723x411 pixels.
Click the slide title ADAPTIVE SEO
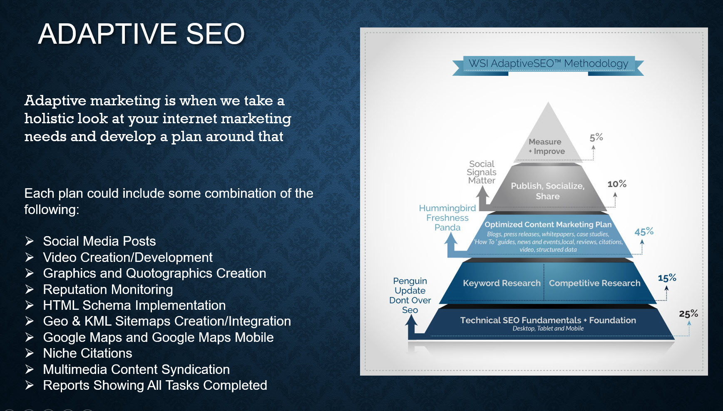pyautogui.click(x=142, y=34)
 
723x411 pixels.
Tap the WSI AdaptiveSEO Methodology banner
pyautogui.click(x=548, y=64)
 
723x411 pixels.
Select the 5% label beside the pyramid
pyautogui.click(x=596, y=137)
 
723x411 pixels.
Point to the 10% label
pyautogui.click(x=616, y=184)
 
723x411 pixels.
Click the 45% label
pyautogui.click(x=643, y=232)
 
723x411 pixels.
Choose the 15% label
pyautogui.click(x=667, y=278)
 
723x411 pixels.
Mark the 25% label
pyautogui.click(x=688, y=314)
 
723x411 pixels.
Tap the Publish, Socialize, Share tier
pyautogui.click(x=547, y=191)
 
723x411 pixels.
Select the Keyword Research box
pyautogui.click(x=502, y=283)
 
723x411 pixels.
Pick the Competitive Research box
pyautogui.click(x=594, y=283)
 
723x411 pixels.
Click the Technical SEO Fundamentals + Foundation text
pyautogui.click(x=548, y=320)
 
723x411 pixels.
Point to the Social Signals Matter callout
pyautogui.click(x=482, y=172)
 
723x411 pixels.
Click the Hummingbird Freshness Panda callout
pyautogui.click(x=447, y=218)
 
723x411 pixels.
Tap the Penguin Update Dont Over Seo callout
pyautogui.click(x=410, y=295)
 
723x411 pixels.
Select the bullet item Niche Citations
pyautogui.click(x=87, y=354)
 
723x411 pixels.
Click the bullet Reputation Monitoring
pyautogui.click(x=108, y=289)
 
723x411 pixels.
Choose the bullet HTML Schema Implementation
pyautogui.click(x=134, y=305)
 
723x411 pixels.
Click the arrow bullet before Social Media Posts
pyautogui.click(x=29, y=241)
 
